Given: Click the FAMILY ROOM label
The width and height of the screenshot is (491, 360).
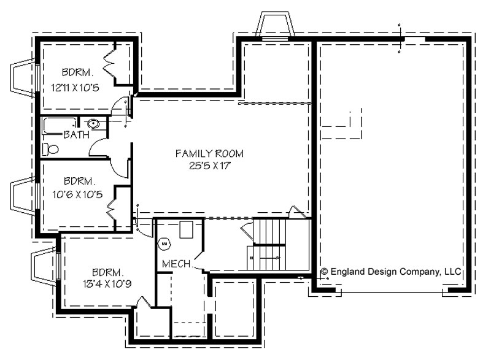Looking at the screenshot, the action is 209,153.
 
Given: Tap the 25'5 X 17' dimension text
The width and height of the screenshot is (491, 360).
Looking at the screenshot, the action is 209,166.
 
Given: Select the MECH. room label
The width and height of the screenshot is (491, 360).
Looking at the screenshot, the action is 177,264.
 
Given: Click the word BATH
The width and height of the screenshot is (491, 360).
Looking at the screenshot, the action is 76,135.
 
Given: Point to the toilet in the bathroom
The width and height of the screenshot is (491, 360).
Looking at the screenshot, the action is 50,149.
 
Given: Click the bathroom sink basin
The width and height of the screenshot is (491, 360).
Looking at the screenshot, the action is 93,124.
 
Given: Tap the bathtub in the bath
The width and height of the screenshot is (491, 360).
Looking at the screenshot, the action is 60,126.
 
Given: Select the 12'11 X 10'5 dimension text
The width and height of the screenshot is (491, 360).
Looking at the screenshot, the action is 75,88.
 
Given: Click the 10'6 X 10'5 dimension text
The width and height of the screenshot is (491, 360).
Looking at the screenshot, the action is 77,194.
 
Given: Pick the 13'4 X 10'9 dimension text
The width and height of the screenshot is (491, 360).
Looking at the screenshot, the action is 107,284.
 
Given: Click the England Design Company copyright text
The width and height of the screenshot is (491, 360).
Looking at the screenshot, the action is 391,272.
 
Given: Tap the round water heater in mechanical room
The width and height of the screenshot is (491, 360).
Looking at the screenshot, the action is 164,243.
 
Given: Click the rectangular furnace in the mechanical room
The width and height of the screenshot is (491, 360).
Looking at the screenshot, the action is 186,229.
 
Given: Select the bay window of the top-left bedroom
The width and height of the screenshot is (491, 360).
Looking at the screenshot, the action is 23,78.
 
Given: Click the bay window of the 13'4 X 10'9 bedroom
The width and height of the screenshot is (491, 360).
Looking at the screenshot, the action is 44,266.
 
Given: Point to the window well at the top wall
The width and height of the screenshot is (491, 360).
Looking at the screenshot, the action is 274,25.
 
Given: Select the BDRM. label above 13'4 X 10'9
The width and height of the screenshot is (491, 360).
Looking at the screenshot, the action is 106,272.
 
